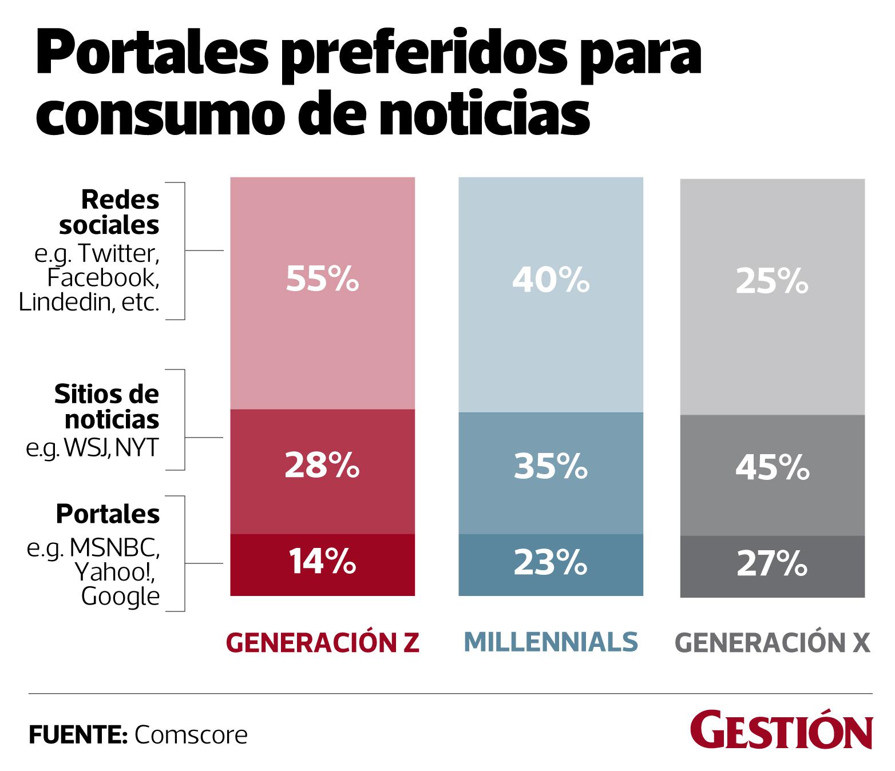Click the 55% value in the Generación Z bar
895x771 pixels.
(322, 280)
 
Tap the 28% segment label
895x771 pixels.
(322, 466)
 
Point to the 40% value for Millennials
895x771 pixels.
(551, 280)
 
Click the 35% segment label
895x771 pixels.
(551, 466)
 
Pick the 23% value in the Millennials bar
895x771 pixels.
(551, 562)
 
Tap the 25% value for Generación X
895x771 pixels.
(771, 281)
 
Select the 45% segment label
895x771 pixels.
(771, 468)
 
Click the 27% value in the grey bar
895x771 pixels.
(771, 563)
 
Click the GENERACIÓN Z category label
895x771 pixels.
(323, 643)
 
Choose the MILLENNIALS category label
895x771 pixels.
(551, 642)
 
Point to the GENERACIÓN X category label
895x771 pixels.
(773, 643)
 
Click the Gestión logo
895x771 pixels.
(781, 730)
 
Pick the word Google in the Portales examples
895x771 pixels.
(120, 597)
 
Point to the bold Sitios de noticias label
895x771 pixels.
(108, 407)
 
